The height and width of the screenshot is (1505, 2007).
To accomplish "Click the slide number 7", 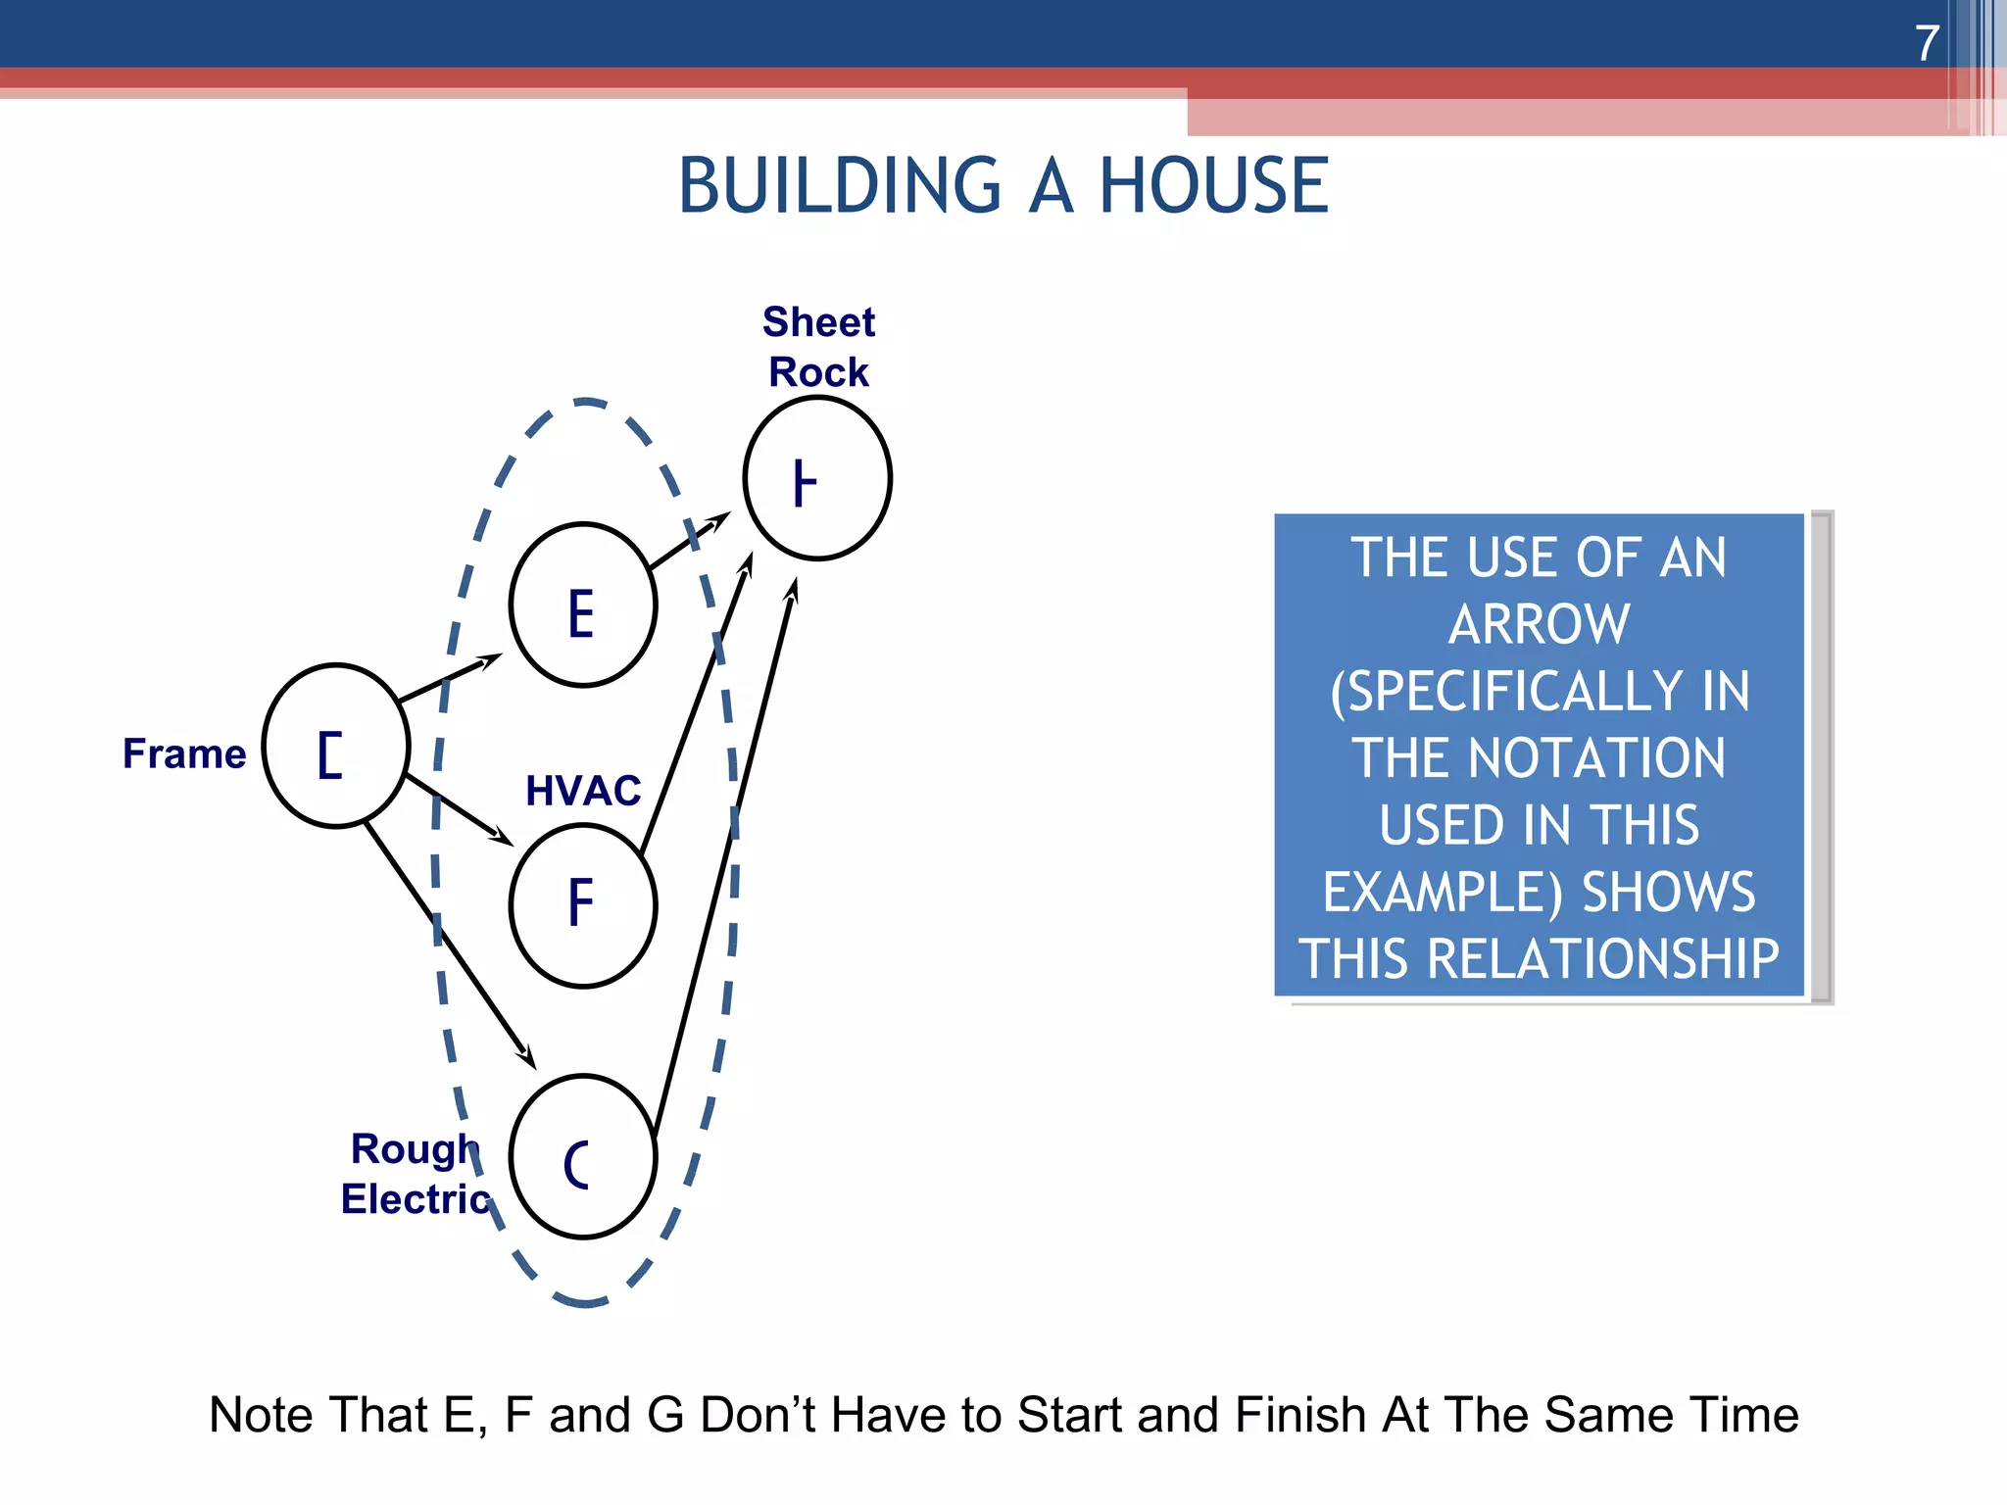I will click(x=1927, y=43).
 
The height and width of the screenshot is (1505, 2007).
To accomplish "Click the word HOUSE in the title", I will click(x=1213, y=186).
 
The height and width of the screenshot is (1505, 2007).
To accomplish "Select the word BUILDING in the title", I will click(x=840, y=186).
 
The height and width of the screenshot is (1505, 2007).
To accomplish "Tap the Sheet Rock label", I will click(x=818, y=347).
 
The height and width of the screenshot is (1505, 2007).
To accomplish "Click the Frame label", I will click(x=184, y=753).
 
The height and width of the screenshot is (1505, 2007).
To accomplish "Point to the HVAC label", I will click(x=583, y=791).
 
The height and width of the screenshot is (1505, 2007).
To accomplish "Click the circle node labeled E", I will click(x=583, y=606).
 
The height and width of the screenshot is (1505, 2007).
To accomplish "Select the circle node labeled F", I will click(x=583, y=905).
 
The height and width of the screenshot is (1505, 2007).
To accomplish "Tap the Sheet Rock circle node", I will click(x=817, y=478).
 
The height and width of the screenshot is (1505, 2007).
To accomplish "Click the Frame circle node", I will click(x=336, y=747).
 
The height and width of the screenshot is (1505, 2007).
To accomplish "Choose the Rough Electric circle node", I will click(x=583, y=1157).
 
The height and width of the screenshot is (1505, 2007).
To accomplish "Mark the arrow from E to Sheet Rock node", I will click(x=689, y=541).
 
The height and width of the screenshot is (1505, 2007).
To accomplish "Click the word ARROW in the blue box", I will click(x=1539, y=624).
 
